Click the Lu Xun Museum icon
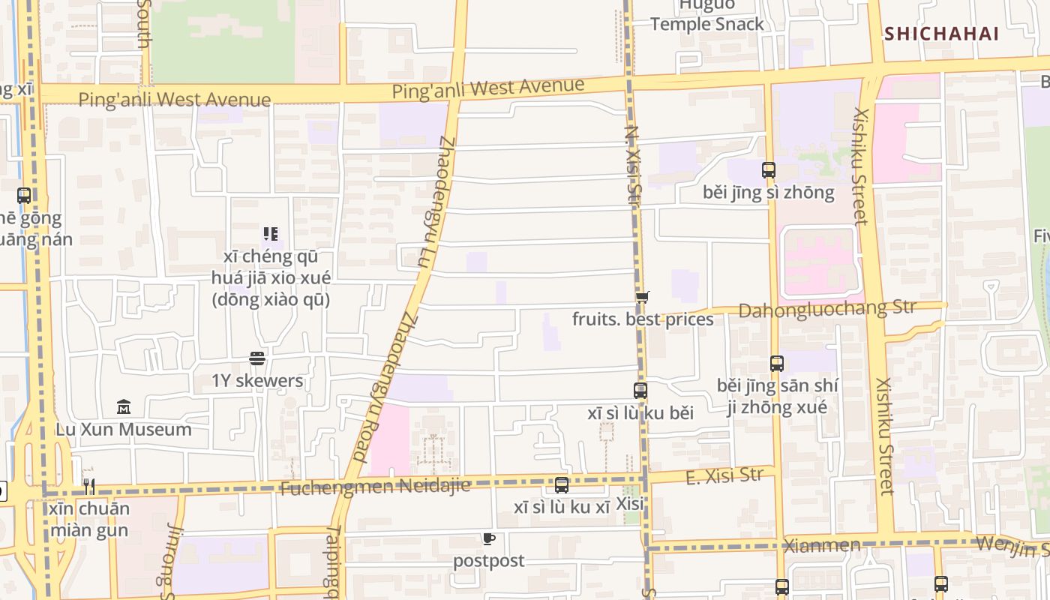(x=124, y=407)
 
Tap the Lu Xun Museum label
(x=124, y=430)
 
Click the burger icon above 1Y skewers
(x=257, y=358)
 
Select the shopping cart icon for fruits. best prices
(x=642, y=297)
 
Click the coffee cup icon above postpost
(x=488, y=538)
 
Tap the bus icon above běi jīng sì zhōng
(x=768, y=170)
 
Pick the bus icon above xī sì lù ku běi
(x=640, y=391)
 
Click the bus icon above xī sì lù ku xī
(x=561, y=485)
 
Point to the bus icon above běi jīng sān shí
(x=776, y=364)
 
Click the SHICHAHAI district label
(x=941, y=34)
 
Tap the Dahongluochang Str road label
(x=826, y=309)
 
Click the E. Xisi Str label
(x=724, y=476)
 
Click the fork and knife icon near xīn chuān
(x=88, y=486)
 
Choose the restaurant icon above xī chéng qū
(x=270, y=234)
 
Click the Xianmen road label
(x=821, y=545)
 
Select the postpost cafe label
(x=488, y=561)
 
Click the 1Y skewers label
(x=257, y=381)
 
